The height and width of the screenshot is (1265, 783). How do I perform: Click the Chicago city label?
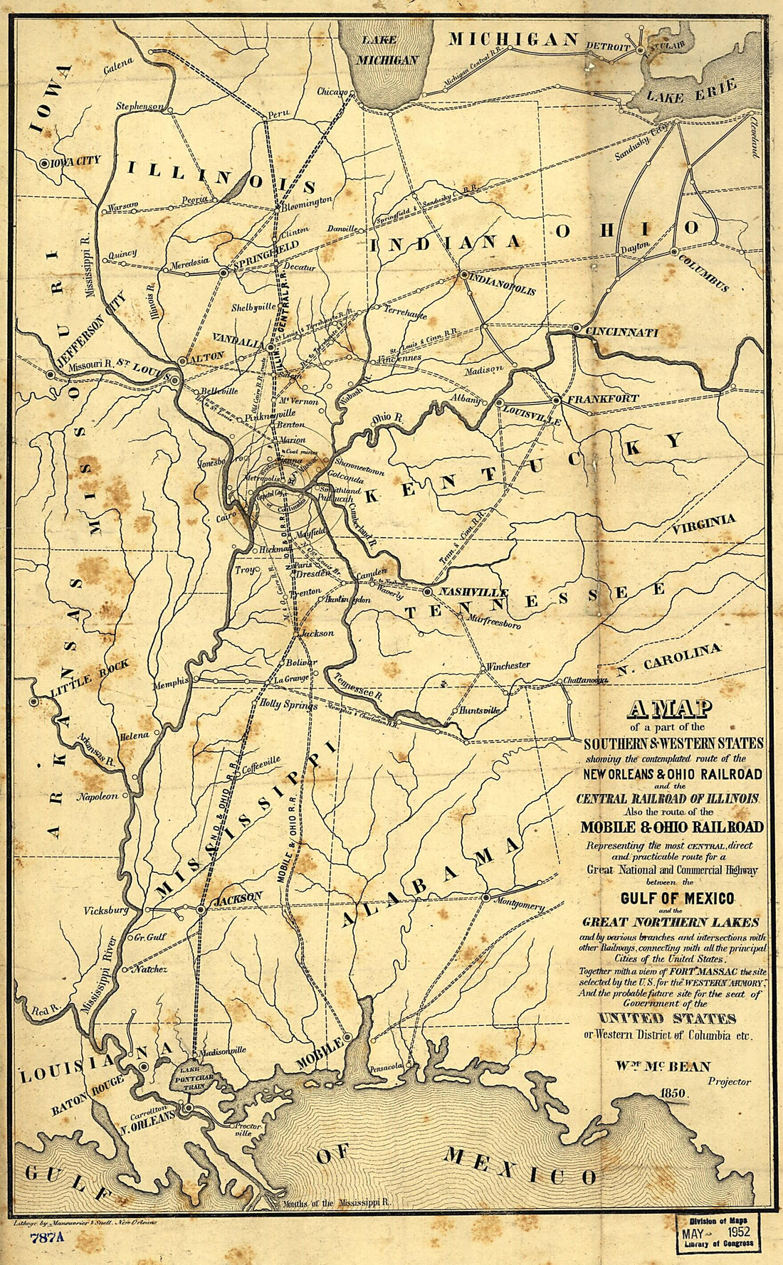[x=332, y=92]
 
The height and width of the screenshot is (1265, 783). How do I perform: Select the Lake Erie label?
[x=691, y=90]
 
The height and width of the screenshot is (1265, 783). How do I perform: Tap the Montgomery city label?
[x=517, y=906]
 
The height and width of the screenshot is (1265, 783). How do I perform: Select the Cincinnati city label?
[x=622, y=332]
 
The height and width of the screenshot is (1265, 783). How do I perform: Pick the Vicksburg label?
[x=105, y=910]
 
